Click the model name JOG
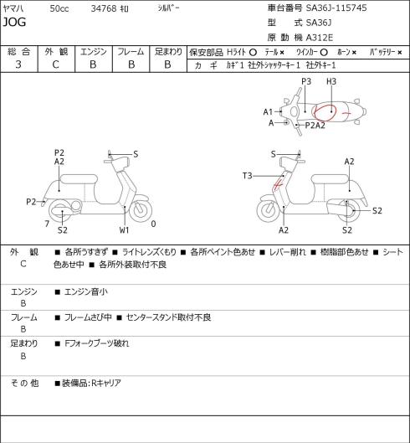click(14, 22)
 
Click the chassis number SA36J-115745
click(336, 8)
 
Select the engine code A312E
click(320, 38)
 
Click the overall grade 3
click(18, 64)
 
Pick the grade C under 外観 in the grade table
click(55, 64)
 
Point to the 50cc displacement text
click(59, 8)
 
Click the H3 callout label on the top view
click(331, 82)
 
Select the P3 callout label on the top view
click(306, 82)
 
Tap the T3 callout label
click(248, 176)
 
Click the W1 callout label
click(124, 230)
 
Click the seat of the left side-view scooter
click(79, 179)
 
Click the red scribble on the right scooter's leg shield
click(278, 184)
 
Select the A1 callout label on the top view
click(268, 112)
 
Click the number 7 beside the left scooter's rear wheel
click(47, 224)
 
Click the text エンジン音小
click(86, 291)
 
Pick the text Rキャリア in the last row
click(106, 383)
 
